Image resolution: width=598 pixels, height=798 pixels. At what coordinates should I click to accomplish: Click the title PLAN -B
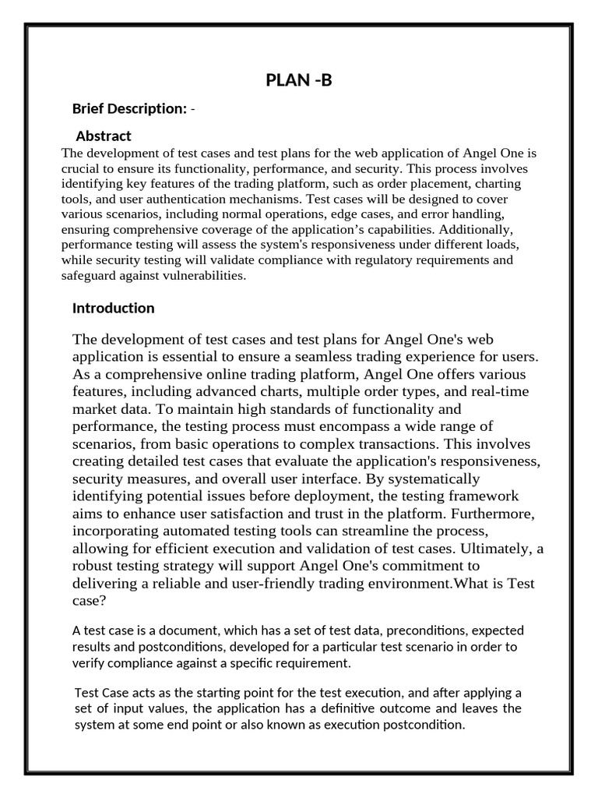click(x=299, y=79)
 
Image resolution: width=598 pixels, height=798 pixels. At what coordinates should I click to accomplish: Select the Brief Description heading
click(x=129, y=108)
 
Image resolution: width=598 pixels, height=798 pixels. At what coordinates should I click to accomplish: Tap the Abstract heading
click(x=103, y=136)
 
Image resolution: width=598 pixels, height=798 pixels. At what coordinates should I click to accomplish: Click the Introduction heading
click(x=113, y=308)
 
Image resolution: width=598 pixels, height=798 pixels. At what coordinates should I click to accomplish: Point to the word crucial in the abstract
click(x=80, y=168)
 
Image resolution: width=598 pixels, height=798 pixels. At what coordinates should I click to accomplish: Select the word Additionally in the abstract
click(x=474, y=229)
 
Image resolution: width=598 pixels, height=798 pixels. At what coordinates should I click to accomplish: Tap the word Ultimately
click(x=490, y=549)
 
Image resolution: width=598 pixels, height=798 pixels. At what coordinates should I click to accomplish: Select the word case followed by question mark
click(x=87, y=601)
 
